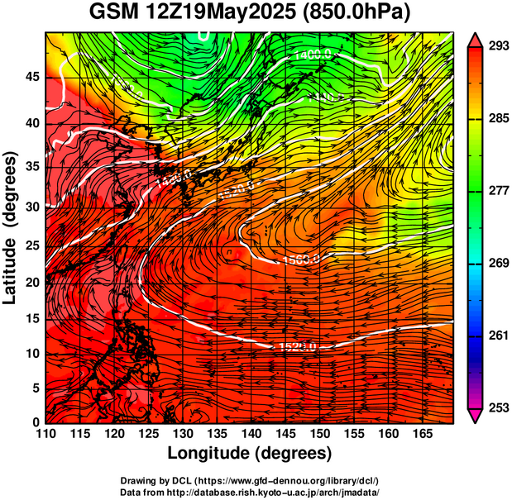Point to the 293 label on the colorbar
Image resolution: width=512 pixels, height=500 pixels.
click(x=495, y=45)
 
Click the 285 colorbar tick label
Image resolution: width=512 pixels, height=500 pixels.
click(x=495, y=118)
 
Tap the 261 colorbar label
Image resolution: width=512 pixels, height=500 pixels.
click(x=495, y=335)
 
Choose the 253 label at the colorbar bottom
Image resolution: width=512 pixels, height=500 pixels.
click(x=495, y=407)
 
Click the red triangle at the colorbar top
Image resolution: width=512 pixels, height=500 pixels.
click(x=475, y=39)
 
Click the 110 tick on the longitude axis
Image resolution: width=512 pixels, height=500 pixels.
click(x=45, y=433)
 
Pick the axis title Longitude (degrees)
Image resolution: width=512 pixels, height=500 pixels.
click(x=250, y=453)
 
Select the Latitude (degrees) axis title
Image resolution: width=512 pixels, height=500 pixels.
click(x=11, y=227)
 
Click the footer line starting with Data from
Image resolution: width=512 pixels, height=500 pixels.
click(x=250, y=491)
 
